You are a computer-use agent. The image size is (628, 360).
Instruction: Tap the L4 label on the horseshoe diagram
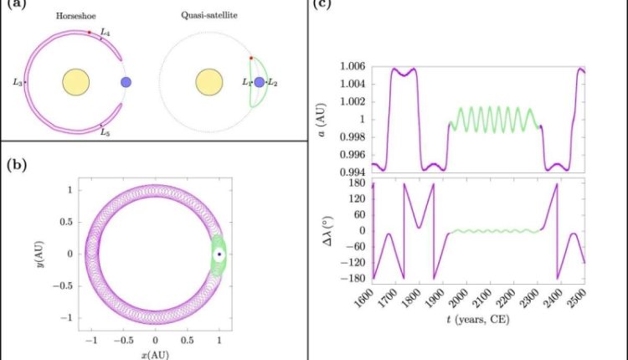point(105,32)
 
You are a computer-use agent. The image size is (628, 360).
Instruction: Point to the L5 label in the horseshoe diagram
point(105,131)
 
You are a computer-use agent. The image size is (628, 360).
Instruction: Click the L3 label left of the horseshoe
point(18,82)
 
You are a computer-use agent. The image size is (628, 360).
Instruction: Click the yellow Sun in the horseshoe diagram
point(75,82)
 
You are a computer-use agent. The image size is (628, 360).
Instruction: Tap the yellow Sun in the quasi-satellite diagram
point(208,82)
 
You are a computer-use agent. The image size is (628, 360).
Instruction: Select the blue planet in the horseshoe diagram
point(126,82)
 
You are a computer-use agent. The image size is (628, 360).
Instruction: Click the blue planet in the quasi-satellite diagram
point(260,82)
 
